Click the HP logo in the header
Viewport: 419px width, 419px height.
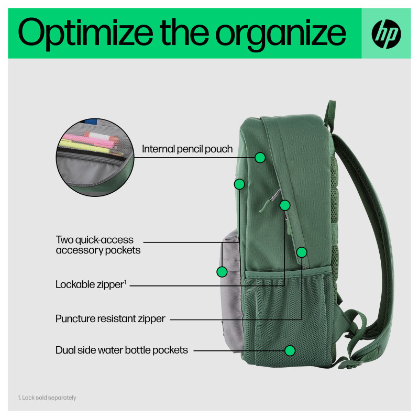point(386,33)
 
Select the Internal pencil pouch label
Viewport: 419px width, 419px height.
point(187,149)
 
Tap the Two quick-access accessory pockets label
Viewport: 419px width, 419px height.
point(98,245)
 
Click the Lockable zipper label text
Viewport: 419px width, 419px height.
point(89,285)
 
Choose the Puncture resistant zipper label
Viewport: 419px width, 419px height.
point(111,318)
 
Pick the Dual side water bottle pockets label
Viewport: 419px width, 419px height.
point(122,350)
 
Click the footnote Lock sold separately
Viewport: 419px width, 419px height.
point(47,398)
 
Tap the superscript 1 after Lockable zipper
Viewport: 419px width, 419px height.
point(125,283)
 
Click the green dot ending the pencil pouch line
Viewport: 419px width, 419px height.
point(260,157)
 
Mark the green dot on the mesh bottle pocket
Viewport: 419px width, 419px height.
point(289,350)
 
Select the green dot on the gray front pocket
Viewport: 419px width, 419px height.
point(222,272)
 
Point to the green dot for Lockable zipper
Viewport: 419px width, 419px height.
point(285,205)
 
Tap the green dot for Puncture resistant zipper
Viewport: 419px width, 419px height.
point(301,252)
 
